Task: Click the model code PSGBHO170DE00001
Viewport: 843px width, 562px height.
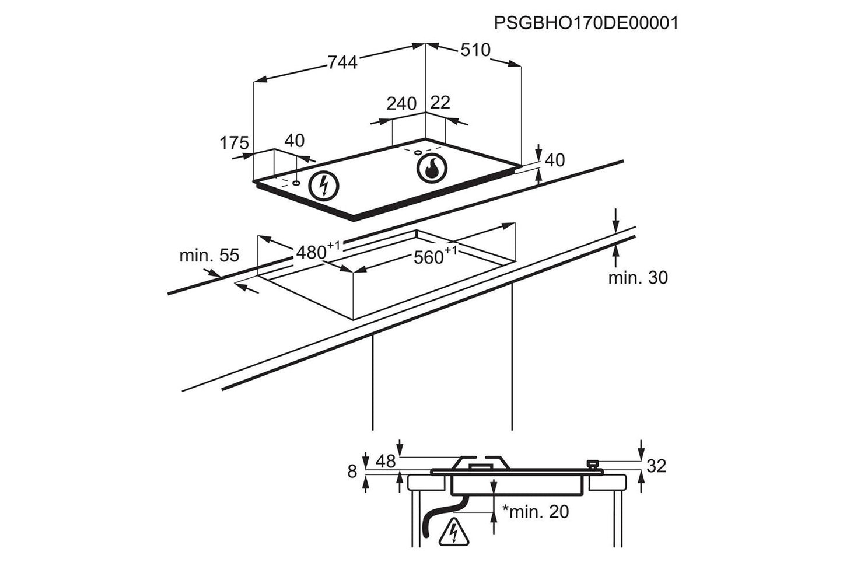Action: (x=586, y=23)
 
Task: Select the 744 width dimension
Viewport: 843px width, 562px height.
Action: (x=342, y=62)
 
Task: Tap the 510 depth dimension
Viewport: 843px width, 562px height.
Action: (x=475, y=50)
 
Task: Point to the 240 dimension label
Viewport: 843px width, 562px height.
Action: (x=401, y=103)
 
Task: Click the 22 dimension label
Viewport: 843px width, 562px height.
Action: (x=440, y=102)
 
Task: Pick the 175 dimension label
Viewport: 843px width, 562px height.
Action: (x=234, y=142)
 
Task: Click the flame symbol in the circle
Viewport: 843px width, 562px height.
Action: (x=432, y=168)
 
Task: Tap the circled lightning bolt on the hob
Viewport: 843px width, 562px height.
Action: (x=324, y=186)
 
